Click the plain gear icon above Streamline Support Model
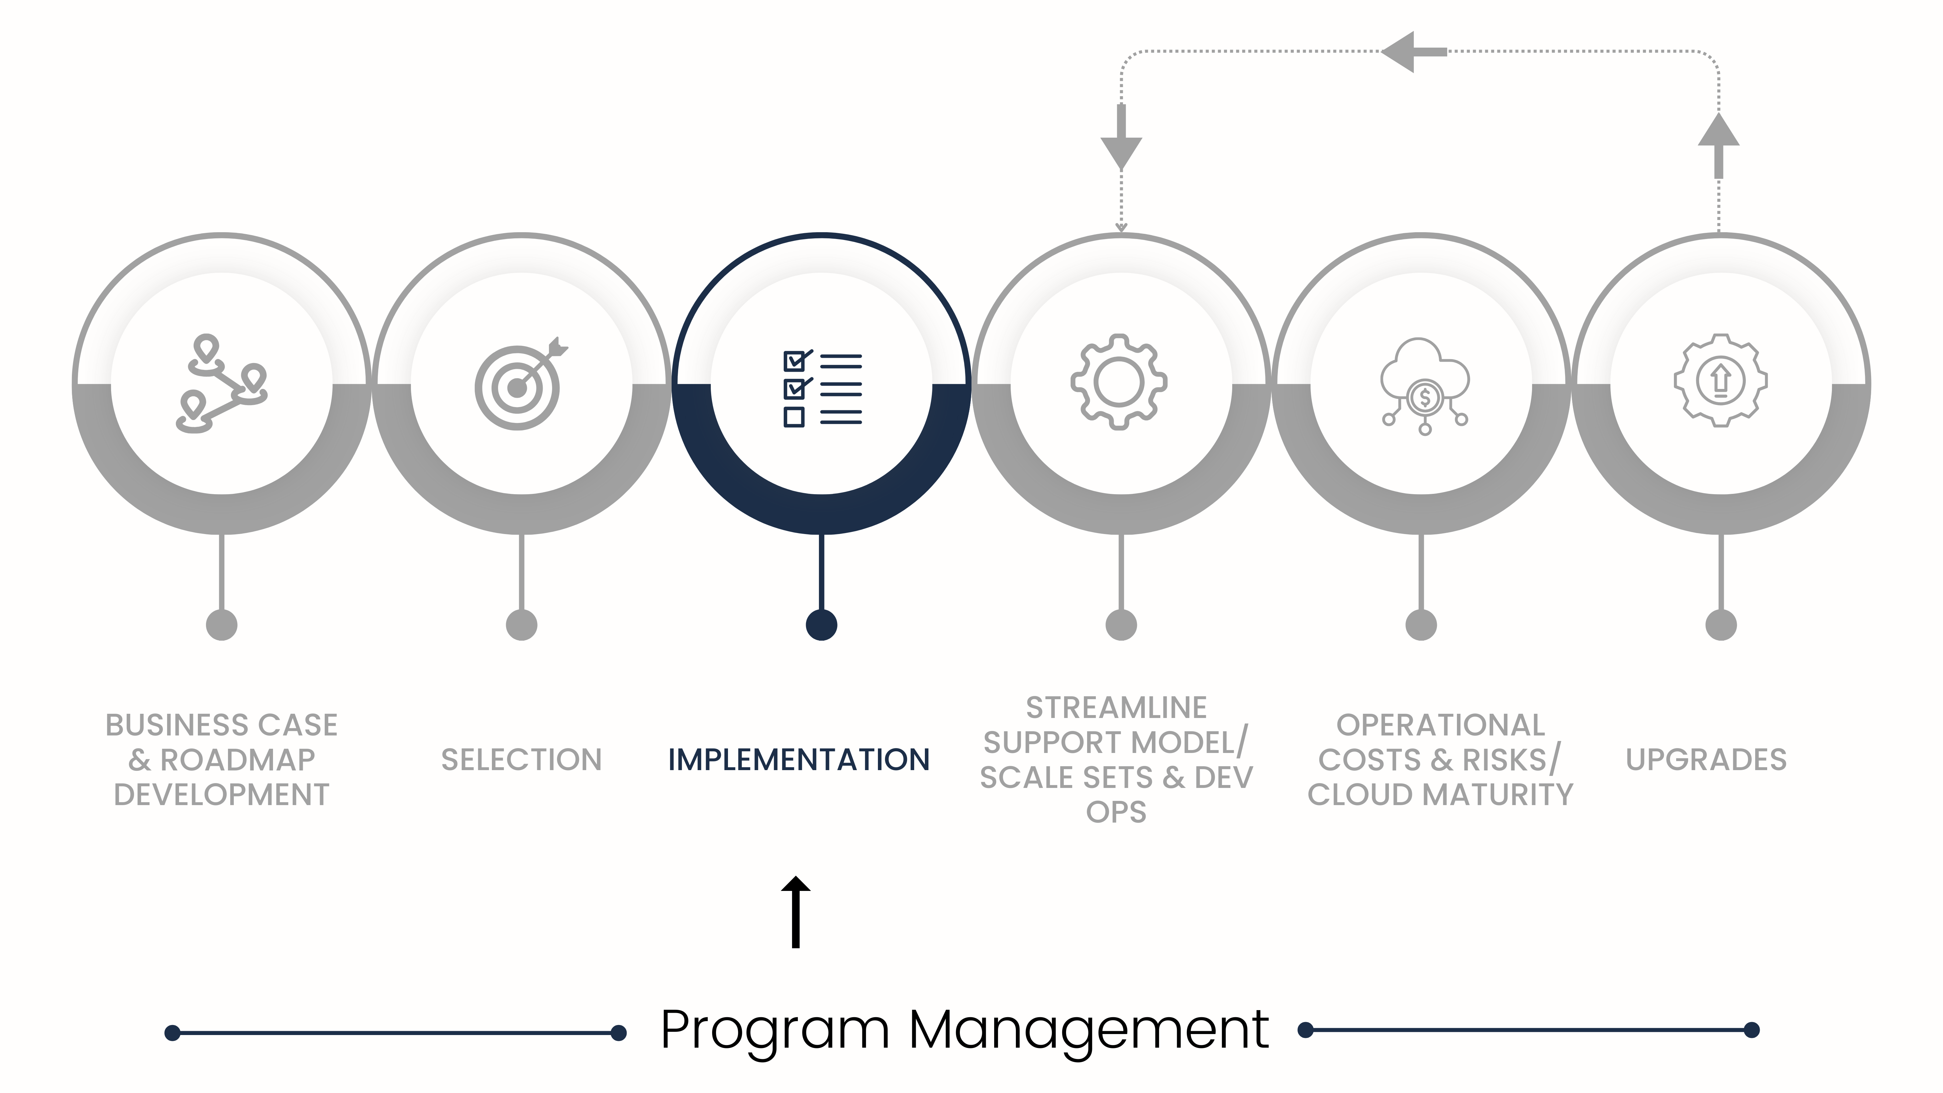click(1119, 382)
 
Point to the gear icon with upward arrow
click(1721, 381)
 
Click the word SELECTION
click(521, 759)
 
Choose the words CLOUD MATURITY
click(1440, 794)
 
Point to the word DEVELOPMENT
click(222, 794)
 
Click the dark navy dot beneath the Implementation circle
click(821, 625)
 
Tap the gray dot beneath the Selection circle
click(521, 625)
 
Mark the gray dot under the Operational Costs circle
click(1421, 625)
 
